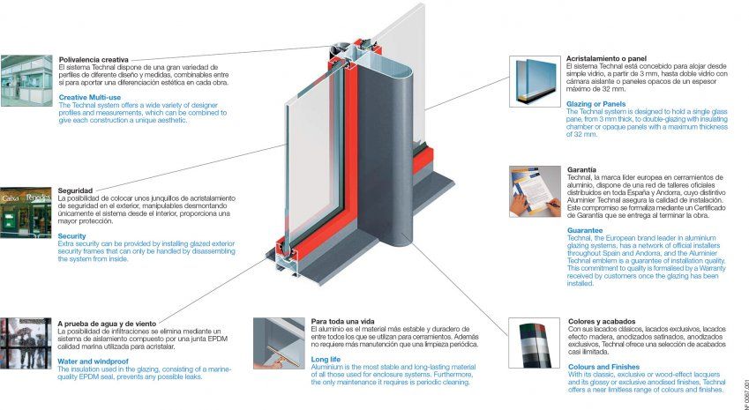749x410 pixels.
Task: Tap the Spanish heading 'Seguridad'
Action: pos(75,190)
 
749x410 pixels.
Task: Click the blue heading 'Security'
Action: pos(72,236)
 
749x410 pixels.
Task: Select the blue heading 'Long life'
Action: pos(326,359)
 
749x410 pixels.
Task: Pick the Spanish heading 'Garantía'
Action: pos(582,168)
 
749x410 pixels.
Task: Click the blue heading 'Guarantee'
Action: pos(585,230)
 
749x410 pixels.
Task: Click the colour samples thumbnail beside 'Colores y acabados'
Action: pos(534,344)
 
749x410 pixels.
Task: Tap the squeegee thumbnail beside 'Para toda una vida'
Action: pos(278,343)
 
